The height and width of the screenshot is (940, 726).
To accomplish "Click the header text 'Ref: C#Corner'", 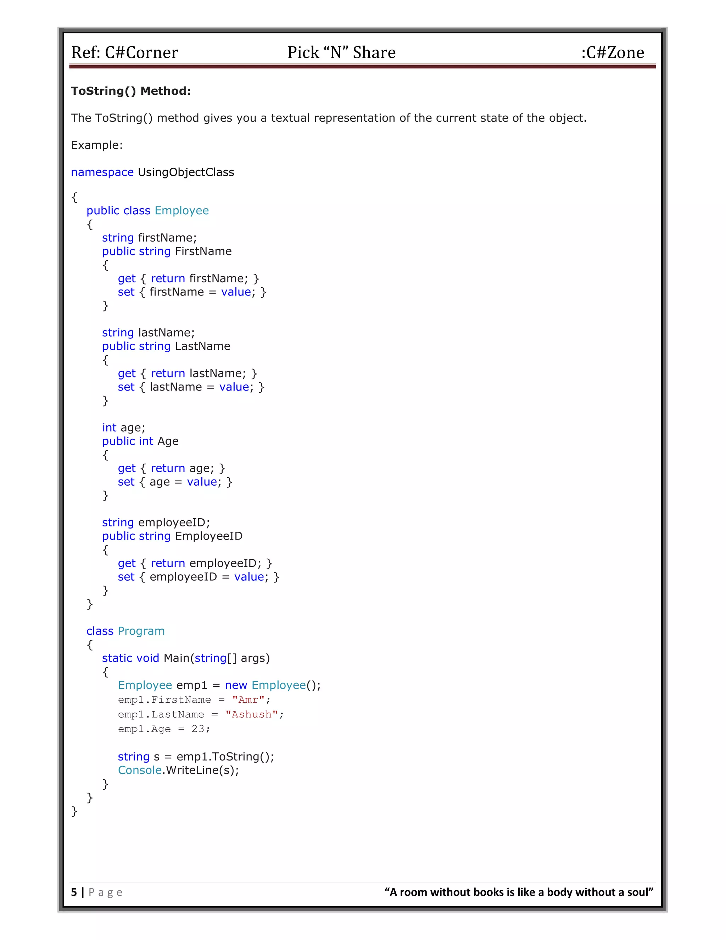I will point(124,52).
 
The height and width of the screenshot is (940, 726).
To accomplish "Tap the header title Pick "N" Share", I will point(341,52).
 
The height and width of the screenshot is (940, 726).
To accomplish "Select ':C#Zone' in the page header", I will point(613,52).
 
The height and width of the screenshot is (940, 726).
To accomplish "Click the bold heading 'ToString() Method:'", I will point(131,91).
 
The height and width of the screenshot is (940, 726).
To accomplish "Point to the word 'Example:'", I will point(97,145).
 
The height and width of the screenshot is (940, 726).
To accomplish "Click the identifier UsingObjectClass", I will point(186,172).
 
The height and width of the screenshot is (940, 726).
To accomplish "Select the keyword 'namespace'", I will point(102,172).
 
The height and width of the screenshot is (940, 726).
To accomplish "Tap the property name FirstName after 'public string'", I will point(203,251).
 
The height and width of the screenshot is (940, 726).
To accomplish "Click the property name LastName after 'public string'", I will point(202,346).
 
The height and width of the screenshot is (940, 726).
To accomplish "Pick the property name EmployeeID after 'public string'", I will point(208,536).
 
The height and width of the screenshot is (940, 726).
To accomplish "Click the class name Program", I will point(141,631).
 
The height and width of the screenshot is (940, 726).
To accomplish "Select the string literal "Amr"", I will point(248,700).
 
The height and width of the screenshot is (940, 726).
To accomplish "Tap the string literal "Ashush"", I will point(252,714).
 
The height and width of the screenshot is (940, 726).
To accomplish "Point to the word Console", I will point(140,770).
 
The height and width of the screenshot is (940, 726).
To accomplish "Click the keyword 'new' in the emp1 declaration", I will point(236,685).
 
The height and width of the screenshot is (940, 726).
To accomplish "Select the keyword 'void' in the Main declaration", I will point(147,658).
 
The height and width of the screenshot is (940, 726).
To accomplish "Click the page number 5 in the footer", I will point(74,892).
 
